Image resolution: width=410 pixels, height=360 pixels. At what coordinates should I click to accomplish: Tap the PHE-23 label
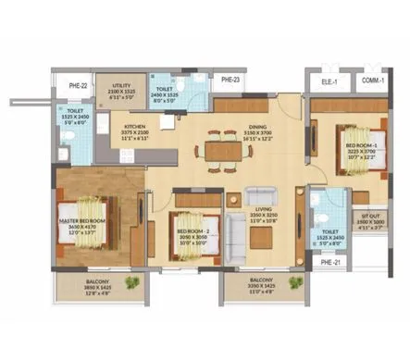click(x=231, y=81)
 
